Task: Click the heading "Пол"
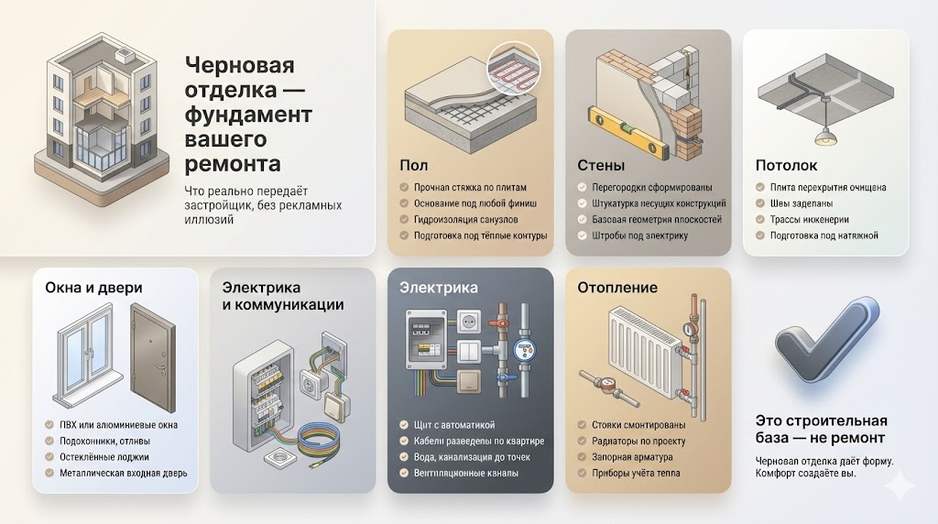click(415, 166)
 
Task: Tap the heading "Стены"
click(601, 166)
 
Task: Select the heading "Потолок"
click(786, 166)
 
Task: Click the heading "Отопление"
click(617, 288)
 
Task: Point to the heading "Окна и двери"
click(93, 288)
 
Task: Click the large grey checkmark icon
click(823, 341)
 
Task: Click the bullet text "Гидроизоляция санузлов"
click(467, 219)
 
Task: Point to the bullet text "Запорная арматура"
click(627, 456)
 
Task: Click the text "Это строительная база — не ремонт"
click(822, 429)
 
